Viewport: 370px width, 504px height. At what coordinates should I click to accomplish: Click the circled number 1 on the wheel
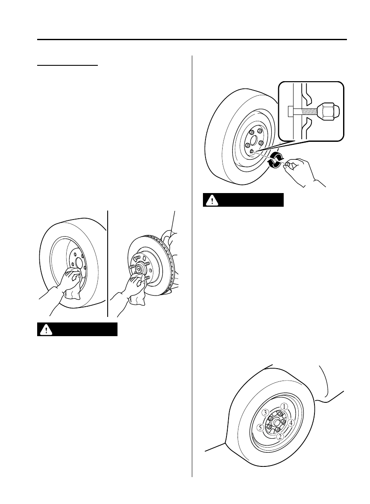click(283, 407)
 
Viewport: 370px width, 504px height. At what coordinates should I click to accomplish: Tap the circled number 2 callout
click(279, 437)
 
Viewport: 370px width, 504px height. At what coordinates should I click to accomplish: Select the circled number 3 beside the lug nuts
click(265, 413)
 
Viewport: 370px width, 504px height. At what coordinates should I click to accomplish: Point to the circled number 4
click(291, 423)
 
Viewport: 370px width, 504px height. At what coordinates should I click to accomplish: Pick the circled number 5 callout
click(260, 427)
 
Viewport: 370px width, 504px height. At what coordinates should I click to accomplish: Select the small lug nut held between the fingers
click(288, 164)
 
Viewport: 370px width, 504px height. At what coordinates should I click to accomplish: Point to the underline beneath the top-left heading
click(68, 66)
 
